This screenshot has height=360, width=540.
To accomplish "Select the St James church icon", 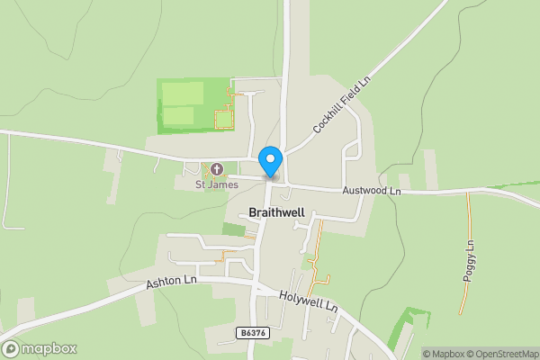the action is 217,169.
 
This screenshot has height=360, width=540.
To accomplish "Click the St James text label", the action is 217,184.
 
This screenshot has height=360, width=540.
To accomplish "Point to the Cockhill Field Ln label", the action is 343,104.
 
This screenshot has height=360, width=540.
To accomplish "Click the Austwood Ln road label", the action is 371,191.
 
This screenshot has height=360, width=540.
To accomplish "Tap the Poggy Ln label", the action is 469,262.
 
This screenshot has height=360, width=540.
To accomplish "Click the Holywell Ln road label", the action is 308,301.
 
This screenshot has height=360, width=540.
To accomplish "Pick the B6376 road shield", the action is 253,333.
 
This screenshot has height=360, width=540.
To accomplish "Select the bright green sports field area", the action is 184,103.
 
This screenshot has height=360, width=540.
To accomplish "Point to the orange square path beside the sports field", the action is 223,118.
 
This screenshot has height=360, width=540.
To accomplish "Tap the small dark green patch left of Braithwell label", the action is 233,229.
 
